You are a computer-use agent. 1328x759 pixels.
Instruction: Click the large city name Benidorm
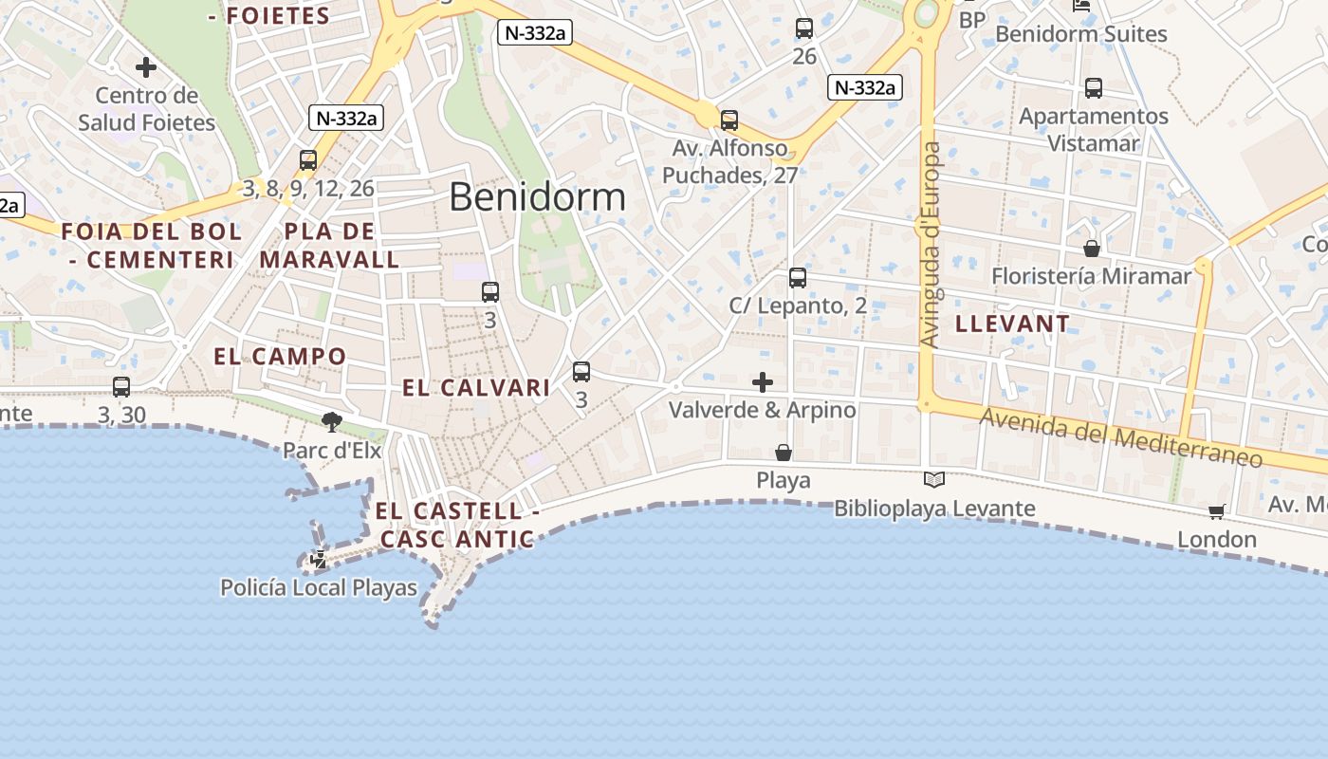tap(537, 197)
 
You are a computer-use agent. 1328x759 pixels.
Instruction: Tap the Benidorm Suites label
tap(1080, 34)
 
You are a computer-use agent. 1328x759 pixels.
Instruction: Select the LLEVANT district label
tap(1012, 324)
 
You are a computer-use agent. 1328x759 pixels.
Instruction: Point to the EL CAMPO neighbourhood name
tap(280, 357)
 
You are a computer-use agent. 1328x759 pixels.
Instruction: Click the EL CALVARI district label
tap(476, 387)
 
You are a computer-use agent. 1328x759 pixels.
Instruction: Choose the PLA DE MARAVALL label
tap(329, 245)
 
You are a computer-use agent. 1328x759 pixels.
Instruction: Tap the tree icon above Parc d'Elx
tap(332, 421)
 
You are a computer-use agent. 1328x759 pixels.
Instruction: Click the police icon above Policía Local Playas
tap(319, 560)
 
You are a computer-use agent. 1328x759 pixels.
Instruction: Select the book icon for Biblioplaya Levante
tap(934, 480)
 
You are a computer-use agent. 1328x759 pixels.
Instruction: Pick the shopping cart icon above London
tap(1217, 512)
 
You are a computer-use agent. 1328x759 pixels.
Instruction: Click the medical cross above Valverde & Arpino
tap(763, 382)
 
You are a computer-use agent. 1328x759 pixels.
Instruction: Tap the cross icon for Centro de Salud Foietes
tap(146, 67)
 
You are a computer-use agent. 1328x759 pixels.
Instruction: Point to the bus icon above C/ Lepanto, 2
tap(798, 278)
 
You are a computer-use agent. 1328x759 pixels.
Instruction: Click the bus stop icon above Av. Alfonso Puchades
tap(729, 120)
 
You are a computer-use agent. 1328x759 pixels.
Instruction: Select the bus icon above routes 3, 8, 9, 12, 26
tap(308, 160)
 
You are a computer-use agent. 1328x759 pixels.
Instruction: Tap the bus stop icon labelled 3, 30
tap(121, 387)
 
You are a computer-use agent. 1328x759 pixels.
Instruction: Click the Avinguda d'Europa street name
tap(932, 245)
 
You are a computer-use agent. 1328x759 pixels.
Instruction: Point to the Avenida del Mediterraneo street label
tap(1120, 437)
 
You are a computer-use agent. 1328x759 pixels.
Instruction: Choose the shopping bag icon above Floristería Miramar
tap(1092, 249)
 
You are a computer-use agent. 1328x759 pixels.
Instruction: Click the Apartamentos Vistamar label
tap(1093, 129)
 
